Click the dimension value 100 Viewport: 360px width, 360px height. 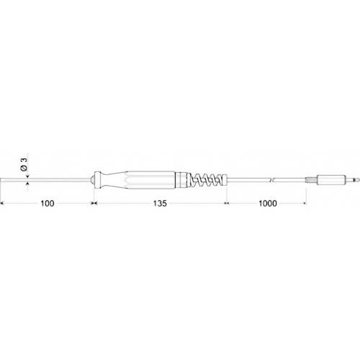48,204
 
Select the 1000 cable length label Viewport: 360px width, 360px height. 266,204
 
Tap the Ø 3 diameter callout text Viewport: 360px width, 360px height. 24,163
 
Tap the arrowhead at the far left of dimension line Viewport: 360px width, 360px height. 4,204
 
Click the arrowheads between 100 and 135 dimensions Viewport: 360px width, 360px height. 94,204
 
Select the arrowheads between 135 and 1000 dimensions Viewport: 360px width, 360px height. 227,204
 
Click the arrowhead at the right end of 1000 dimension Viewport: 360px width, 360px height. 304,204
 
